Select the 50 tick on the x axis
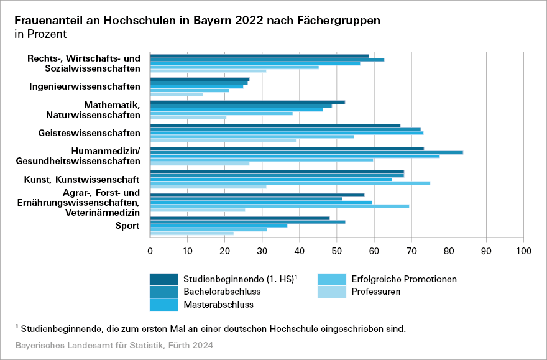tap(337, 251)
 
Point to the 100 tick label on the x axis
tap(523, 251)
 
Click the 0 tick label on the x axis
tap(150, 251)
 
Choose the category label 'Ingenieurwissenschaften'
tap(85, 86)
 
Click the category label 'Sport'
tap(128, 226)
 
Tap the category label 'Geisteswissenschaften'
tap(89, 132)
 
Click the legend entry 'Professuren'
tap(375, 291)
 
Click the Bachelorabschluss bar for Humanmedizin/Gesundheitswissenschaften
tap(306, 152)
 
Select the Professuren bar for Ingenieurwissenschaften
tap(177, 94)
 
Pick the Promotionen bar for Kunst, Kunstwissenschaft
tap(290, 183)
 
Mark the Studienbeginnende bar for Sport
tap(240, 218)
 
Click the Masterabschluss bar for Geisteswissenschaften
tap(287, 132)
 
